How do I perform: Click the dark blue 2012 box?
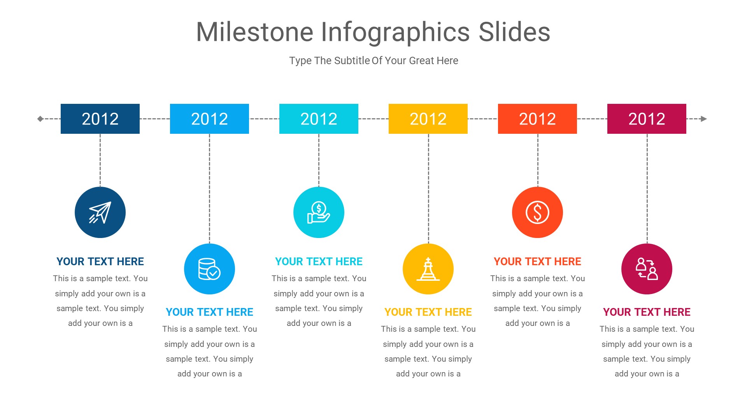pyautogui.click(x=100, y=119)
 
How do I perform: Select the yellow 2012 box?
pyautogui.click(x=428, y=119)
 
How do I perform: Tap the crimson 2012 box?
pyautogui.click(x=647, y=119)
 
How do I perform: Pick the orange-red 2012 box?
pyautogui.click(x=537, y=119)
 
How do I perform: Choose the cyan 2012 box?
pyautogui.click(x=319, y=119)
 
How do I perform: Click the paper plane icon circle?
pyautogui.click(x=100, y=212)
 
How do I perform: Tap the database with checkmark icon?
pyautogui.click(x=209, y=269)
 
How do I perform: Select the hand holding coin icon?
pyautogui.click(x=319, y=212)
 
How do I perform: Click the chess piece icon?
pyautogui.click(x=428, y=269)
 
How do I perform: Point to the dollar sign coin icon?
pyautogui.click(x=537, y=212)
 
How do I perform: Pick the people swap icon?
pyautogui.click(x=647, y=269)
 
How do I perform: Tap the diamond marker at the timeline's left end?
pyautogui.click(x=40, y=119)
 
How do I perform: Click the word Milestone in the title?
pyautogui.click(x=255, y=32)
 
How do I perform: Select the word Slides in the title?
pyautogui.click(x=514, y=32)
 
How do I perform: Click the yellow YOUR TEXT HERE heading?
pyautogui.click(x=428, y=312)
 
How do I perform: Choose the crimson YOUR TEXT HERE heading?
pyautogui.click(x=647, y=312)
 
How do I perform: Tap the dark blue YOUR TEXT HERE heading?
pyautogui.click(x=100, y=261)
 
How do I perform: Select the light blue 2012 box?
pyautogui.click(x=209, y=119)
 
